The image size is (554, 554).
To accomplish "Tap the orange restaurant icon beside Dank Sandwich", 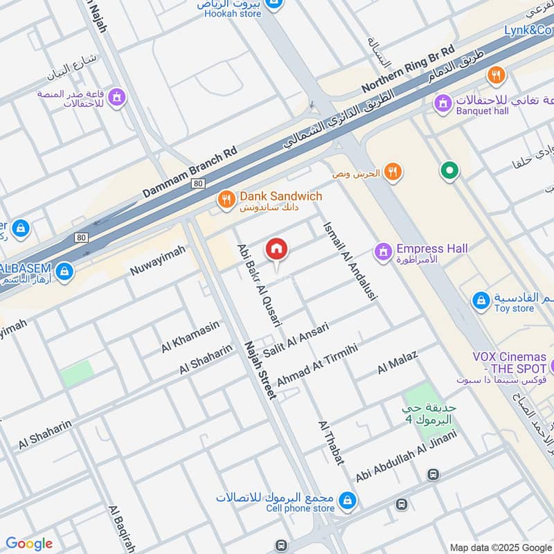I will coord(226,201).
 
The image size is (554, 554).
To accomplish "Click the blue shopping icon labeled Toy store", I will coord(481,301).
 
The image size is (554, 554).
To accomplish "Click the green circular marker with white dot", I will coord(449,170).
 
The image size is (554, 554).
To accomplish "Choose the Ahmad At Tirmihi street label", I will coord(316,365).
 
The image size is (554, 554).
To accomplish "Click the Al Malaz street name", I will coord(397,364).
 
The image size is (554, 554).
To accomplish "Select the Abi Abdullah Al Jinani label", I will coord(406,457).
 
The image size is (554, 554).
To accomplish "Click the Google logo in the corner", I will coord(29,544).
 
